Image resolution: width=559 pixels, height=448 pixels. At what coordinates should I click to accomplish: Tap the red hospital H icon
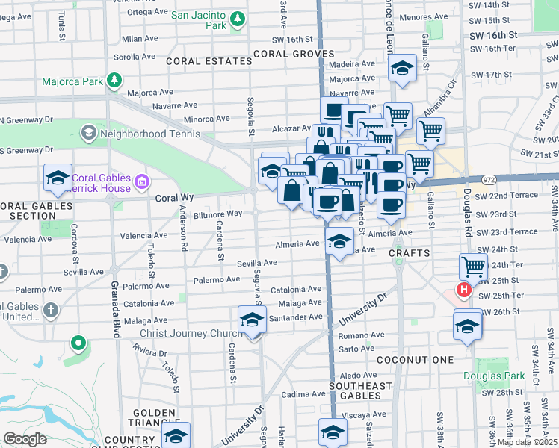[464, 290]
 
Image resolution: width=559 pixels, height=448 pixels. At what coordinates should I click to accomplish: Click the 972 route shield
[489, 180]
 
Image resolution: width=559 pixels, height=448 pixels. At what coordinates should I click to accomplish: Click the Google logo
[24, 439]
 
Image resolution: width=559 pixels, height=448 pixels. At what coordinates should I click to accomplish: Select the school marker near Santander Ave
[252, 320]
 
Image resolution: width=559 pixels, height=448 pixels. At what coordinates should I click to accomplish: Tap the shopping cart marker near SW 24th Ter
[473, 265]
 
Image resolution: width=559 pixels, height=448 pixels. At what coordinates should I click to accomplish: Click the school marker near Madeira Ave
[402, 69]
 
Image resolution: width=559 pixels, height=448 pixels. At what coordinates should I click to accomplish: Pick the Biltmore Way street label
[219, 214]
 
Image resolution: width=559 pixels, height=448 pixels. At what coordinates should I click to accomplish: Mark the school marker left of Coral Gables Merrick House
[58, 178]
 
